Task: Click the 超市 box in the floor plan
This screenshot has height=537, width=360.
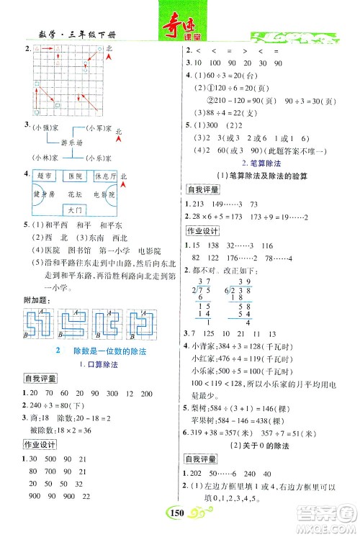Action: [45, 176]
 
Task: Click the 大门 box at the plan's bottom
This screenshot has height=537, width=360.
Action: [75, 211]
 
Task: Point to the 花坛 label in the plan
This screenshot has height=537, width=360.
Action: [75, 194]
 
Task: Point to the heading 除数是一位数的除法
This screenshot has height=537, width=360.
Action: [100, 349]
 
